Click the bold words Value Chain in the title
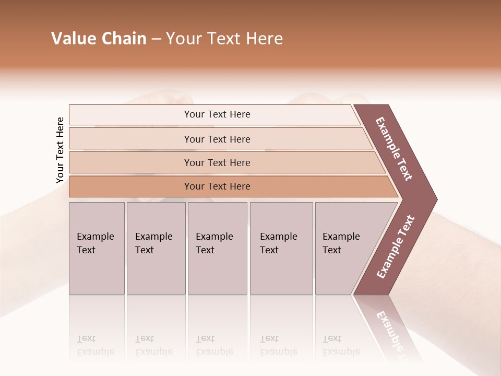[x=99, y=39]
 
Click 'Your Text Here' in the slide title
[x=224, y=39]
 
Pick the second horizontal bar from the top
[x=217, y=139]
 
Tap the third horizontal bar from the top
[x=217, y=162]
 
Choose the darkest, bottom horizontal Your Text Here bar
[x=217, y=186]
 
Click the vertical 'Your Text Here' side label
[x=60, y=150]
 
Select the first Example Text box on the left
[x=97, y=248]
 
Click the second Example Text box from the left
[x=156, y=248]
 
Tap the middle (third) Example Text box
[x=217, y=248]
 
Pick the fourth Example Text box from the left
[x=281, y=248]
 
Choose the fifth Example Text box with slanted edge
[x=344, y=248]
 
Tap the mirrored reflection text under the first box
[x=95, y=345]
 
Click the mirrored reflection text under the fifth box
[x=341, y=345]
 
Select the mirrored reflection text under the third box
[x=214, y=345]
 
